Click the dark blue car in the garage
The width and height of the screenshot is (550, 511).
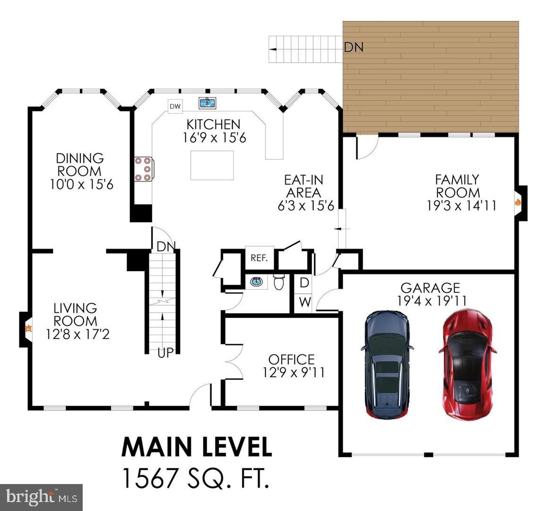click(387, 364)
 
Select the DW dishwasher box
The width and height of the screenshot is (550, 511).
click(175, 106)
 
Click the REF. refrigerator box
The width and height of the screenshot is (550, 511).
click(259, 258)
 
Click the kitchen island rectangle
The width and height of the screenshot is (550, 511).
click(212, 165)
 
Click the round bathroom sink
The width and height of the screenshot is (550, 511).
click(257, 282)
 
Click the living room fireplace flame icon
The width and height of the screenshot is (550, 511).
click(28, 328)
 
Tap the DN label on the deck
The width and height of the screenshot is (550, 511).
click(353, 47)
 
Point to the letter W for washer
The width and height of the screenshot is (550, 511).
click(305, 302)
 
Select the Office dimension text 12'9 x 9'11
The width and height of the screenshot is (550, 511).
click(293, 372)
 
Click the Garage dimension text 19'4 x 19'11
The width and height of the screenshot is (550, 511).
click(430, 300)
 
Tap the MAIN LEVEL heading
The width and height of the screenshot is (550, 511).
click(197, 447)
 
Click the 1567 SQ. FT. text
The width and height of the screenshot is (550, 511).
click(196, 477)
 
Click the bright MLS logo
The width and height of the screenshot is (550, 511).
click(42, 497)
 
